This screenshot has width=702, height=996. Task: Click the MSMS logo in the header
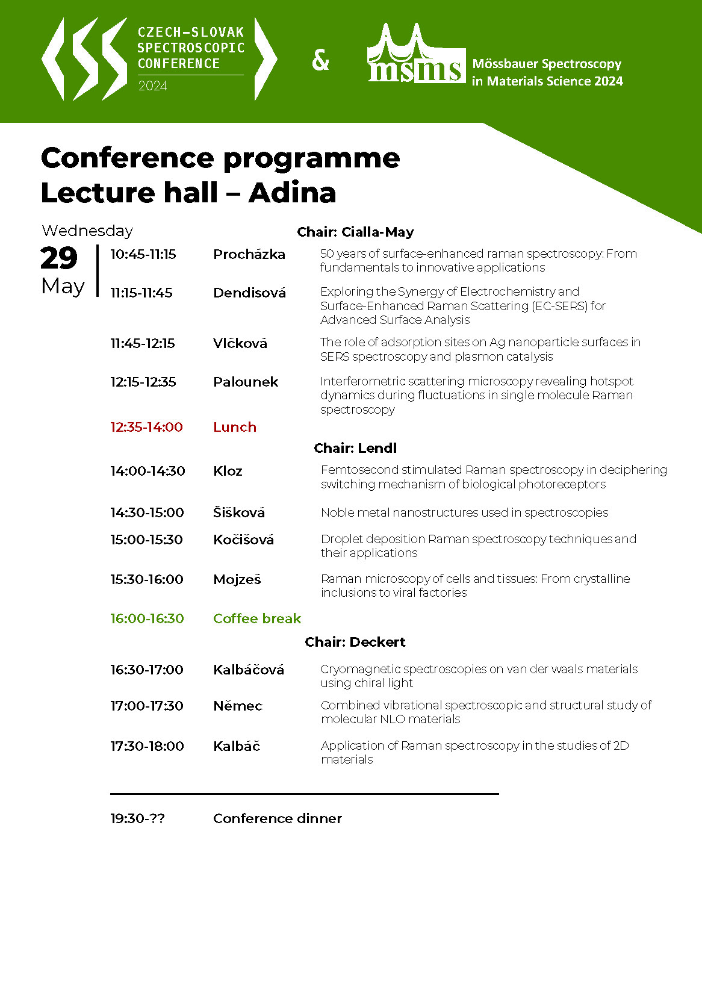click(416, 55)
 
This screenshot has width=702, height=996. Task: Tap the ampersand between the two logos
click(321, 60)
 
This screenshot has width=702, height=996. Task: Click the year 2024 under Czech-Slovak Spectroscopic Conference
click(152, 86)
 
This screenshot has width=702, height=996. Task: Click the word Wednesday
click(87, 231)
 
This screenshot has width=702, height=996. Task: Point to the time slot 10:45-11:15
click(143, 254)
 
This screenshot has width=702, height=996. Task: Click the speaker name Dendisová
click(249, 293)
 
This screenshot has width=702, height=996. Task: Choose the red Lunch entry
click(235, 427)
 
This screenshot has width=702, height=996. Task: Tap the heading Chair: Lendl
click(355, 448)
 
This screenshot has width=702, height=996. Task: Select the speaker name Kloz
click(228, 471)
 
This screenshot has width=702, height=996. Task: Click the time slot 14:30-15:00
click(147, 512)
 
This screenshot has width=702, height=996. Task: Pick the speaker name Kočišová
click(243, 540)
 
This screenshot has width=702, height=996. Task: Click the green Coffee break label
click(257, 618)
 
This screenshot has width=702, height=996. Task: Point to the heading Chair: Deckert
click(355, 642)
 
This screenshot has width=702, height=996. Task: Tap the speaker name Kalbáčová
click(249, 670)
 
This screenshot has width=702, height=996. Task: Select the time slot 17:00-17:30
click(147, 706)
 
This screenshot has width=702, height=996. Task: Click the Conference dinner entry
click(278, 818)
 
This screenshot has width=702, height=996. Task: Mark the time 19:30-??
click(137, 818)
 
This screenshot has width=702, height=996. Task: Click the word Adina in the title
click(292, 193)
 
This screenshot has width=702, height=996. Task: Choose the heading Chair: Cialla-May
click(355, 232)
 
